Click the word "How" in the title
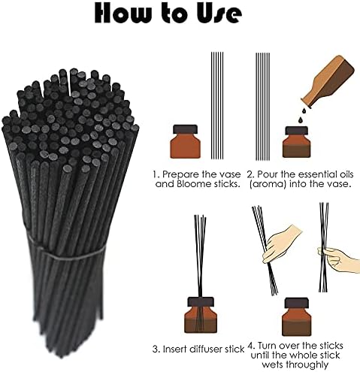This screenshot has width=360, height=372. point(123,14)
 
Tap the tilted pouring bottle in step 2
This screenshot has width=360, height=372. point(328,81)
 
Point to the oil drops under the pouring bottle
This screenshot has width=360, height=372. point(302,116)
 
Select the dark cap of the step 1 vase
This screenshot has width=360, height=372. point(186,129)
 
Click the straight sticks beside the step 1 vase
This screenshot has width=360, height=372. point(217,105)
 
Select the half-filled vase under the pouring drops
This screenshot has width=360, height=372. point(297,142)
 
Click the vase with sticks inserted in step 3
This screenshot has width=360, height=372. point(201,315)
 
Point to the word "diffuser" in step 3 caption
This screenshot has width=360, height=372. point(208,349)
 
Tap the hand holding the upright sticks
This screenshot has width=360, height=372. point(339,259)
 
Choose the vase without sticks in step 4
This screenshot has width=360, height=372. point(297,316)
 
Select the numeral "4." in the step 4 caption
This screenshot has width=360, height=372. point(251,346)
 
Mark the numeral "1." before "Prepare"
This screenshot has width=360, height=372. point(156,174)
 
